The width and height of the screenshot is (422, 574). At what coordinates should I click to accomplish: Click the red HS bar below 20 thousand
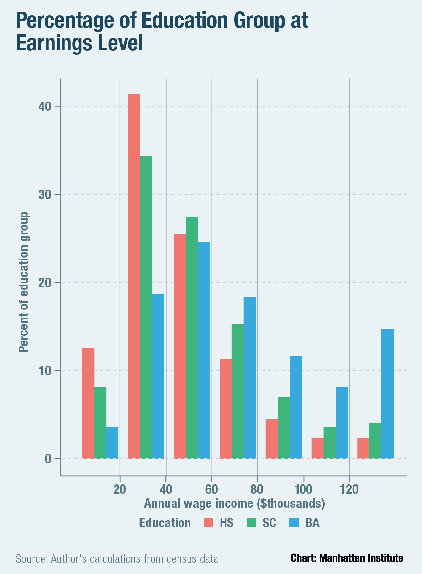tap(88, 403)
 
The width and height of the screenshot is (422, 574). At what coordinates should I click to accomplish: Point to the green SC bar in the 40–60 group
tap(192, 337)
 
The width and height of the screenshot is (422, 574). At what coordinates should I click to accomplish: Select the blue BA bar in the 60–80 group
tap(250, 377)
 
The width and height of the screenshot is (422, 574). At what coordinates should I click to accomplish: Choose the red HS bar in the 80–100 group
tap(272, 439)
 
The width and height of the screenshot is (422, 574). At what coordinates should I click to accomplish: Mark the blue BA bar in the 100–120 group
tap(342, 422)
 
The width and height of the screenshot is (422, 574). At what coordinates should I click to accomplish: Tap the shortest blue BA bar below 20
tap(112, 442)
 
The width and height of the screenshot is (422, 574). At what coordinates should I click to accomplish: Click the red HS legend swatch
tap(209, 523)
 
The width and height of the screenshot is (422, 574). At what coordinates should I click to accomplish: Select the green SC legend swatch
tap(251, 523)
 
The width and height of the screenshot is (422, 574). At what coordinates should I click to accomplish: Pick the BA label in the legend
tap(312, 523)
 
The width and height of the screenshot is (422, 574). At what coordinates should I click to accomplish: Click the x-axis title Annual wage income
tap(234, 504)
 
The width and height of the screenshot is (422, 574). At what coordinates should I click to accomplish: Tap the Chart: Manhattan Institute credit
tap(347, 558)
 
